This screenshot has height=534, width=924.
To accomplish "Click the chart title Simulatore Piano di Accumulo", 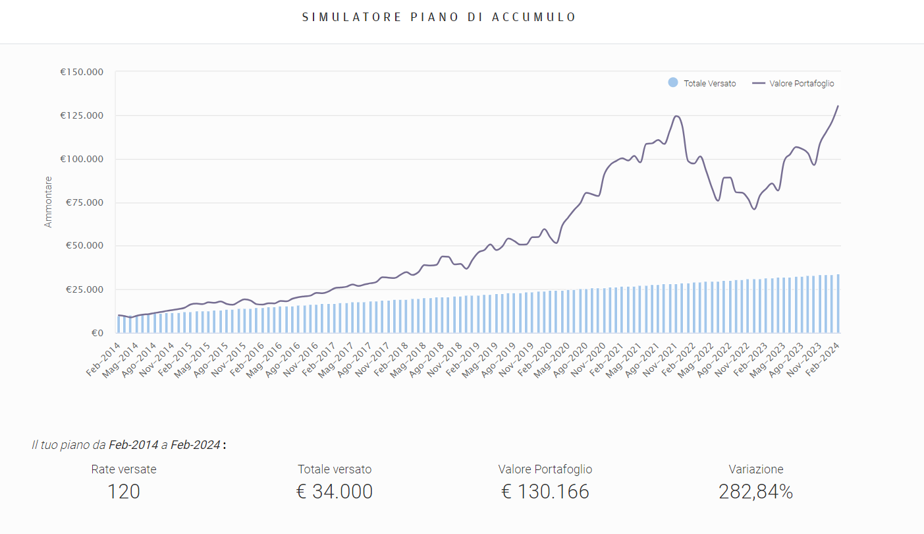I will coord(439,17).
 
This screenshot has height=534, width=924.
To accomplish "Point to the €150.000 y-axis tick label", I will coord(82,72).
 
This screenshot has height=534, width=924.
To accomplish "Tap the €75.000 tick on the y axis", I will coord(84,202).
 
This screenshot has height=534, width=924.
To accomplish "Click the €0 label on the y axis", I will coord(97,333).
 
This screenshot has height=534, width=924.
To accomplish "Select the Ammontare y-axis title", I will coord(48,202).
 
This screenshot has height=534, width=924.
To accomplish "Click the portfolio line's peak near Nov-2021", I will coord(676,117).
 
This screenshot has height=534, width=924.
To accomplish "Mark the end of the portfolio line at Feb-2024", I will coord(838,106).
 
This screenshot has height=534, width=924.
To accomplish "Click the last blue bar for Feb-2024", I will coord(838,304).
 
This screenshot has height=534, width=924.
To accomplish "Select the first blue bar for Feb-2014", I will coord(119,324).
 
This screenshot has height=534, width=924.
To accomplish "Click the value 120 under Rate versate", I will coord(124,492).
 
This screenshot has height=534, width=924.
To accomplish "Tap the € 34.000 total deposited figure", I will coord(335,492).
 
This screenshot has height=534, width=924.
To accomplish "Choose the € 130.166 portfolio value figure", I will coord(545,492).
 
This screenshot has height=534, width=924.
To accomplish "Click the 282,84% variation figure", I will coord(756,492).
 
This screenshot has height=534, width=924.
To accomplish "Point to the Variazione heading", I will coord(756,469).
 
